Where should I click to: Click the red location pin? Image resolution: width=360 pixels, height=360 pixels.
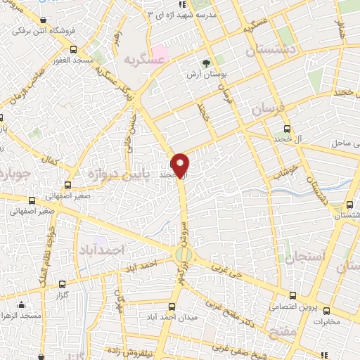click(x=180, y=165)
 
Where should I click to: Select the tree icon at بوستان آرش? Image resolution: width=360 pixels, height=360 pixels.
click(x=206, y=63)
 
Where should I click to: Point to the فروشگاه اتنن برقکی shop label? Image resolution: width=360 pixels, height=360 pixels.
click(x=45, y=31)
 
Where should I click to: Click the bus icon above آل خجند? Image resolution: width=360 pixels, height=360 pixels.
click(x=286, y=129)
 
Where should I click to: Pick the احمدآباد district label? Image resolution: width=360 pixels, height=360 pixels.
click(x=103, y=250)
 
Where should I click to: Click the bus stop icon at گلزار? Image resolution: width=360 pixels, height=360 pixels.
click(x=63, y=285)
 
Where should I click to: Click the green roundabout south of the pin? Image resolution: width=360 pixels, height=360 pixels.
click(x=184, y=255)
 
